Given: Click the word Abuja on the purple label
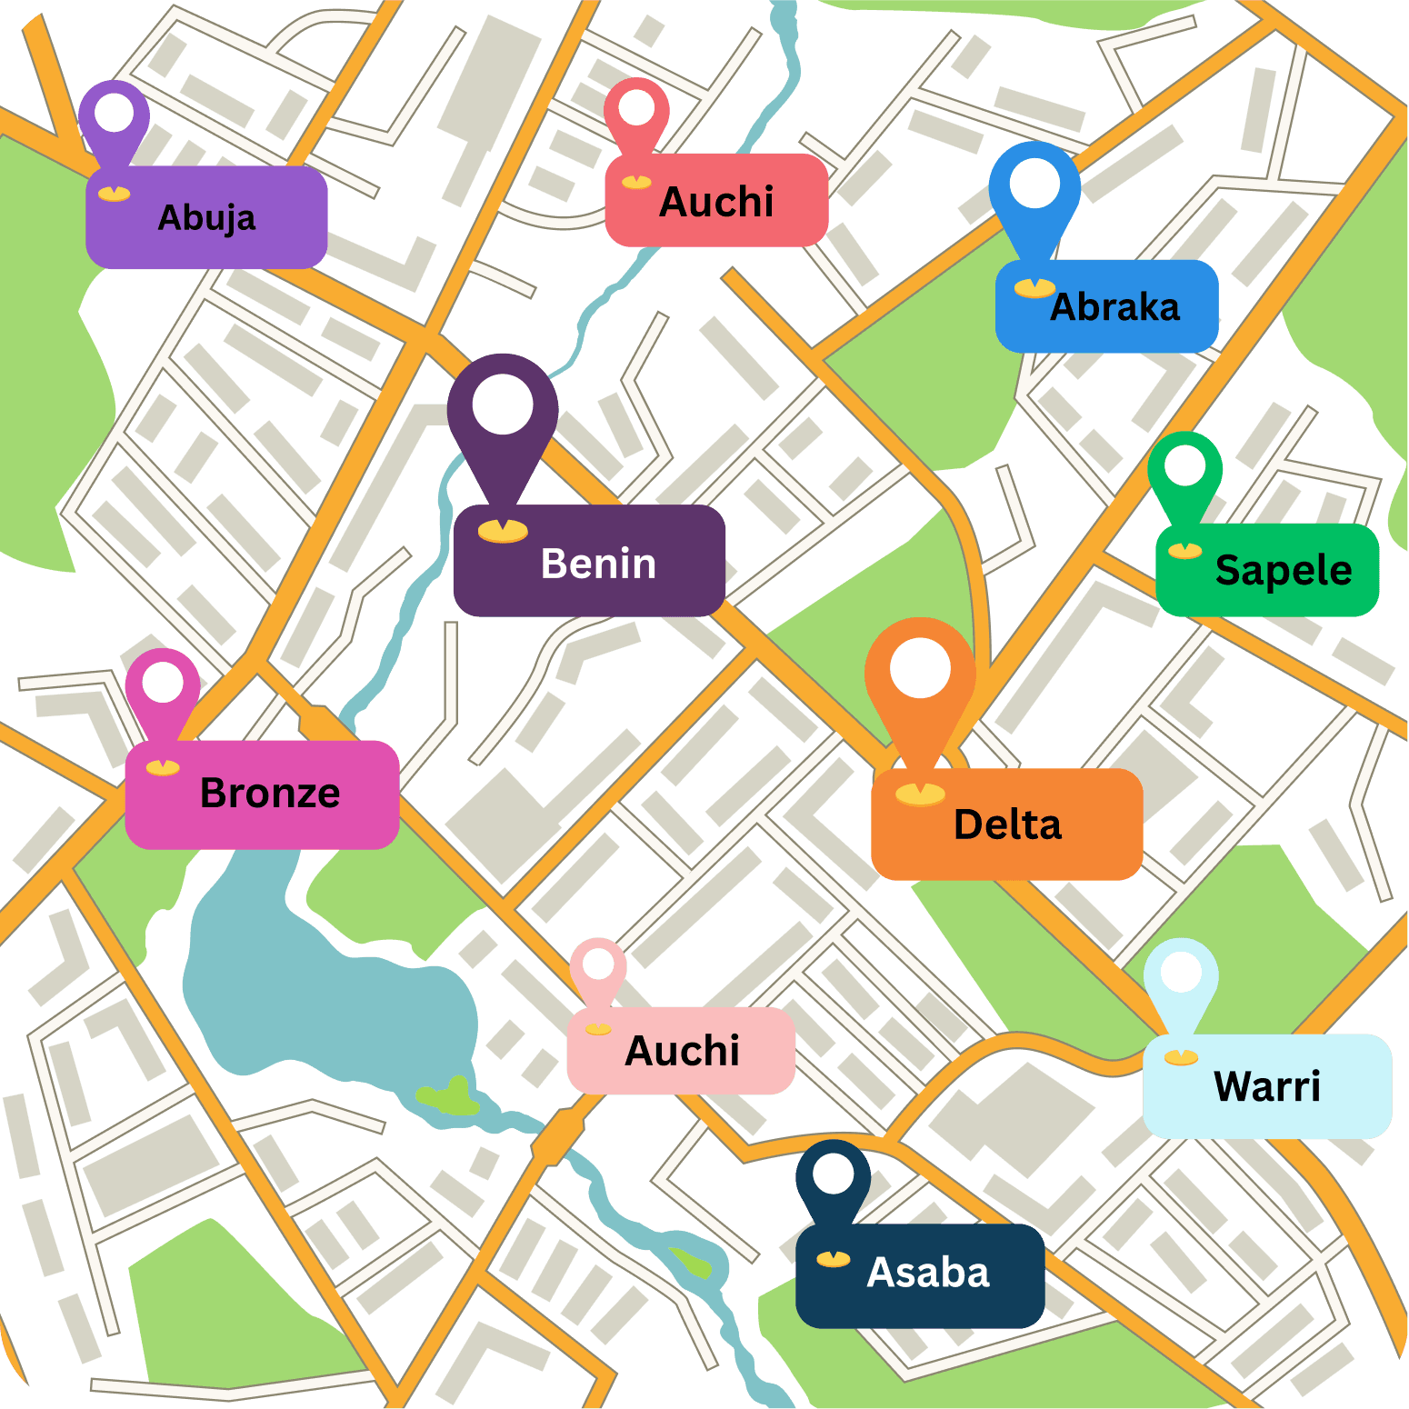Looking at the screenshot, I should tap(206, 218).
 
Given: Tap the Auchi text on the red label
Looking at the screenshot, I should tap(716, 202).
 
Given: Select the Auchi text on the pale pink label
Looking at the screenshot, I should tap(682, 1051).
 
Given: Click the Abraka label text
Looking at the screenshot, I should tap(1114, 307).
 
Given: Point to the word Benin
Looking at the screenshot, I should tap(598, 564).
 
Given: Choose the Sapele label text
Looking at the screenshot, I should tap(1283, 571).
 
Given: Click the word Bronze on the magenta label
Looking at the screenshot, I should tap(270, 793).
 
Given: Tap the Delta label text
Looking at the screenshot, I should tap(1007, 824).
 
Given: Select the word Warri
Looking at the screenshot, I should tap(1266, 1086).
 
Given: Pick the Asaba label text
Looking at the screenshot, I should tap(927, 1273).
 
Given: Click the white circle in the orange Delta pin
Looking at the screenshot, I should tap(920, 668).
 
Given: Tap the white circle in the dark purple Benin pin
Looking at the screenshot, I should tap(503, 405).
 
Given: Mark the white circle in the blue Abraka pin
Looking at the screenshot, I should tap(1034, 184).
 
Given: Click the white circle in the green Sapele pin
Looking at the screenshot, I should tap(1184, 465).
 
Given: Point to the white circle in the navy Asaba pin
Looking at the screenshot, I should tap(833, 1174).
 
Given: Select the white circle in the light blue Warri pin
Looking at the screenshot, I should tap(1181, 973).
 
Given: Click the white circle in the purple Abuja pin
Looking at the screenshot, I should tap(115, 113).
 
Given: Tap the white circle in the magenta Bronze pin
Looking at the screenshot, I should tap(163, 683).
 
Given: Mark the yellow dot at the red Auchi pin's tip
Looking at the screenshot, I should tap(636, 182).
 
